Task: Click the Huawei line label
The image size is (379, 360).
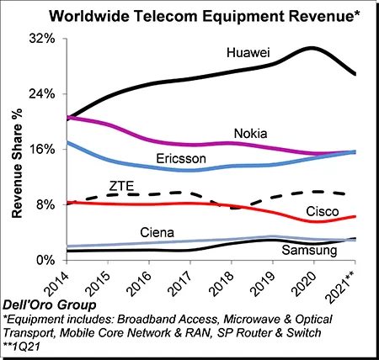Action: pyautogui.click(x=248, y=52)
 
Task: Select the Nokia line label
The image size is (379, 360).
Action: pyautogui.click(x=250, y=134)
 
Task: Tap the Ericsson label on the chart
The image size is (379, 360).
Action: pyautogui.click(x=181, y=159)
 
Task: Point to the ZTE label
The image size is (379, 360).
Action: pyautogui.click(x=121, y=186)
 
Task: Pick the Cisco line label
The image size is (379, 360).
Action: pyautogui.click(x=323, y=211)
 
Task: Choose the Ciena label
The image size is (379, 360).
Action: pyautogui.click(x=157, y=232)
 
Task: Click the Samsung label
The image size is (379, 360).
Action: pyautogui.click(x=309, y=250)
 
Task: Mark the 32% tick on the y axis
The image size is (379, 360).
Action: pyautogui.click(x=42, y=39)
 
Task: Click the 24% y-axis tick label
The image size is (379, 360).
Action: pyautogui.click(x=42, y=94)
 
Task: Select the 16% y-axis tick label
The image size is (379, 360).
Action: pyautogui.click(x=42, y=149)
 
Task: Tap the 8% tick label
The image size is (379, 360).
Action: pyautogui.click(x=45, y=204)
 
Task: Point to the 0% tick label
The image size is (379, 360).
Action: pyautogui.click(x=45, y=260)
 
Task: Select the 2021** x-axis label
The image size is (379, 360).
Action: pyautogui.click(x=342, y=287)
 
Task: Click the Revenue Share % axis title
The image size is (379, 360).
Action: pyautogui.click(x=17, y=163)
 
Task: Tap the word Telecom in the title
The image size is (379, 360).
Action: pyautogui.click(x=166, y=16)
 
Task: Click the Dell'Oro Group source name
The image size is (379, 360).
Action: pyautogui.click(x=50, y=305)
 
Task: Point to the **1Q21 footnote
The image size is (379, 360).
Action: pyautogui.click(x=21, y=347)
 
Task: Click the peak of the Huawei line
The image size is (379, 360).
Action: pyautogui.click(x=311, y=48)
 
